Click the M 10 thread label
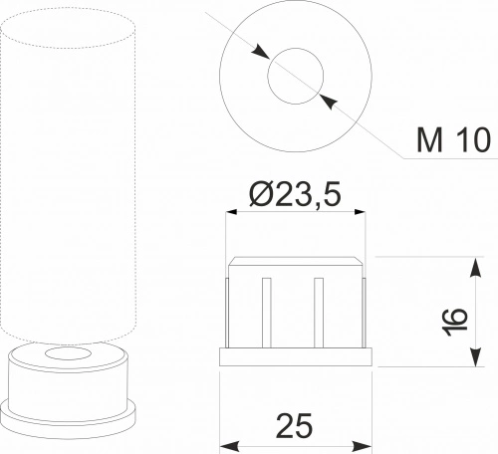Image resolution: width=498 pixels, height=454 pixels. (x=453, y=139)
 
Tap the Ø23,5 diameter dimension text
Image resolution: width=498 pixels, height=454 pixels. (x=295, y=193)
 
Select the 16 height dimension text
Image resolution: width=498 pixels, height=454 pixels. (x=454, y=322)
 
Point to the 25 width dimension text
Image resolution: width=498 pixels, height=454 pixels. (x=294, y=426)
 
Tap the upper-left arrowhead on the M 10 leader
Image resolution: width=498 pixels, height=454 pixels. (x=260, y=52)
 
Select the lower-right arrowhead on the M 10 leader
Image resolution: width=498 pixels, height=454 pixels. (x=329, y=101)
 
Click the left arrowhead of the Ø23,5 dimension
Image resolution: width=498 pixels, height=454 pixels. (x=231, y=212)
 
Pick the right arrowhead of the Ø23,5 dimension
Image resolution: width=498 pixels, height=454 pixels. (x=360, y=212)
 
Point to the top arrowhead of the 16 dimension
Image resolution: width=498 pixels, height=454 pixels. (x=476, y=267)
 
